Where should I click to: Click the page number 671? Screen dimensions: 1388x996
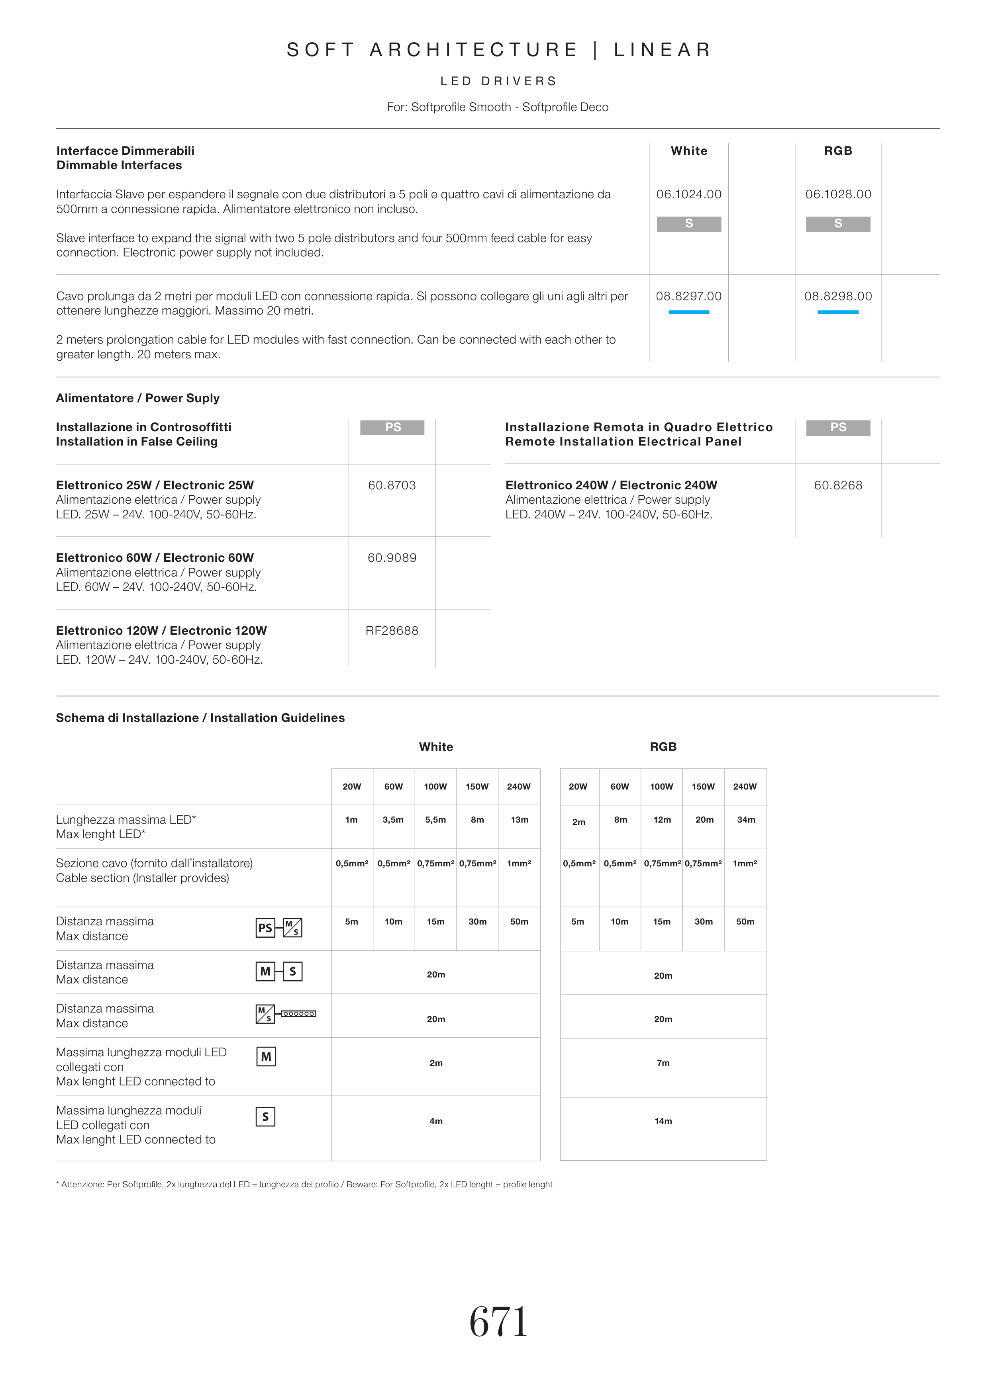point(498,1322)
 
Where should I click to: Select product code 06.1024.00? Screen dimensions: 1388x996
point(689,195)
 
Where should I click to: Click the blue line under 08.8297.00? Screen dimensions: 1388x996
point(689,312)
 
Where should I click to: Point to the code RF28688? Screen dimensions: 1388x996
point(392,630)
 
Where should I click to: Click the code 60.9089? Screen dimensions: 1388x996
point(392,557)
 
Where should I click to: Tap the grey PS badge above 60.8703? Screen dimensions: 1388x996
point(392,427)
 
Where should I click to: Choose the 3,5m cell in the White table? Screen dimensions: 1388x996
point(393,819)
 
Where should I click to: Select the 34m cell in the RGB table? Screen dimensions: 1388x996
point(746,819)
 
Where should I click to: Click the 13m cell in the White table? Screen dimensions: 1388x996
point(519,819)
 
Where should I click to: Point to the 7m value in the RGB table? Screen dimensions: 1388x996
point(663,1063)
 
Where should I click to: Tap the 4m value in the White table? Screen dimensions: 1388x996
point(436,1121)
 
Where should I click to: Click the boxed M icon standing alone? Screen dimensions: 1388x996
point(266,1056)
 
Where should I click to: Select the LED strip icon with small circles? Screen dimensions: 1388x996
point(298,1014)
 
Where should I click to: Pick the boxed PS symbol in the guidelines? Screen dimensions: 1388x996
point(265,928)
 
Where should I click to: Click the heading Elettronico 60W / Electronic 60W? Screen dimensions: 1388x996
point(155,557)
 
